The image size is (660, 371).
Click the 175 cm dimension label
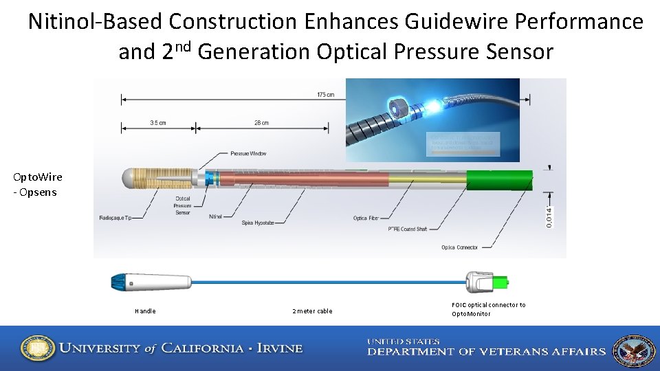tap(326, 95)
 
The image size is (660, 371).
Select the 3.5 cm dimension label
tap(158, 123)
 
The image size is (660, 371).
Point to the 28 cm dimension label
tap(261, 123)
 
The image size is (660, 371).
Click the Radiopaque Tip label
tap(115, 218)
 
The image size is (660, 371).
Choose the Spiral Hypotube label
tap(258, 223)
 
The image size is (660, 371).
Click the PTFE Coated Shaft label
tap(413, 228)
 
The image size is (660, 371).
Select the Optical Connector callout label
tap(459, 247)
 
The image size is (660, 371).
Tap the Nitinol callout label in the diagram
tap(216, 216)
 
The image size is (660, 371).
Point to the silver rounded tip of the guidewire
tap(128, 179)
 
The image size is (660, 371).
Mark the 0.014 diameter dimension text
tap(549, 216)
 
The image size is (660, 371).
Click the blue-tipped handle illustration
tap(151, 282)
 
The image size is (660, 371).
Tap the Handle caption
tap(145, 311)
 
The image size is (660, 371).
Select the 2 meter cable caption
tap(312, 311)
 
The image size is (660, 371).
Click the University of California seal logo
tap(38, 348)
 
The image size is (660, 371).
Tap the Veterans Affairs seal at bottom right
tap(633, 350)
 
